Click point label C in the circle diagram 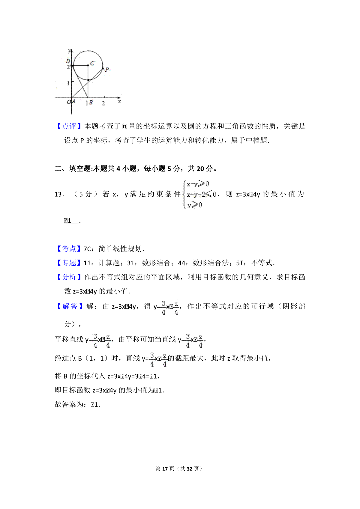[x=92, y=63]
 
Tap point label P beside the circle [x=107, y=70]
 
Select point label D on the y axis [x=68, y=61]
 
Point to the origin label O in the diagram [x=69, y=102]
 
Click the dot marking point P [x=103, y=69]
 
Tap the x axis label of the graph [x=119, y=102]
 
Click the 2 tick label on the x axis [x=103, y=103]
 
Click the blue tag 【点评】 [x=69, y=126]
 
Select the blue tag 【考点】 [x=69, y=249]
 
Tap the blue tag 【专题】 [x=69, y=263]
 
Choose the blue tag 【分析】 [x=69, y=277]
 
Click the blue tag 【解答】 [x=69, y=306]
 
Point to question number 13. [x=59, y=194]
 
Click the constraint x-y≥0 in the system [x=198, y=184]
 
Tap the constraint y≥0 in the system [x=194, y=205]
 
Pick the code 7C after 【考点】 [x=87, y=249]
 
